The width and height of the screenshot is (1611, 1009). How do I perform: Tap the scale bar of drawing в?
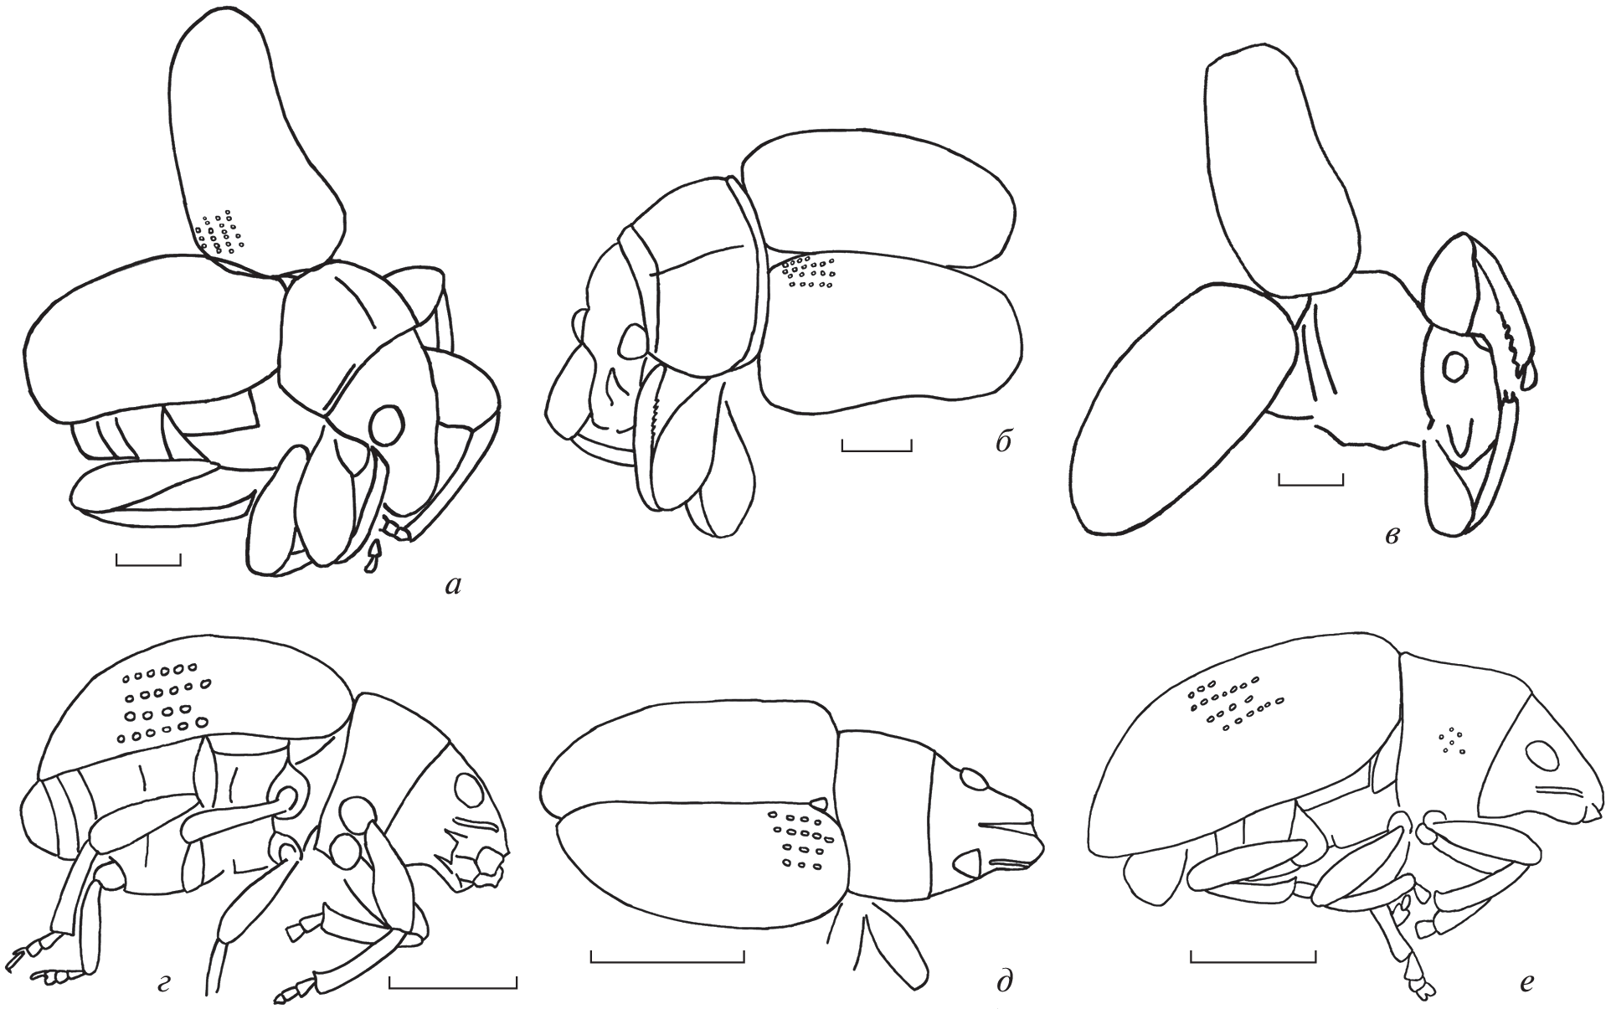pos(1311,479)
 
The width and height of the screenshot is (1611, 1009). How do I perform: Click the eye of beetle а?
pos(387,425)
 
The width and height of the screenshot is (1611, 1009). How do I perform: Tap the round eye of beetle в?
pos(1456,366)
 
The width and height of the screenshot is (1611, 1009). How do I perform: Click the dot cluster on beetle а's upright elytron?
pos(219,232)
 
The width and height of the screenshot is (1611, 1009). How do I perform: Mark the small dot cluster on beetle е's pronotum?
pos(1453,739)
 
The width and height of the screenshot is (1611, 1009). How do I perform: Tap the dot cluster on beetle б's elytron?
pos(807,271)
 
